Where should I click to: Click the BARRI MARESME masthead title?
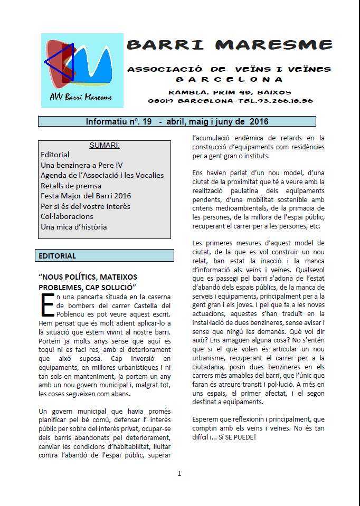click(x=230, y=44)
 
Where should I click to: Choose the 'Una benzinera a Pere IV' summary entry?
click(x=81, y=165)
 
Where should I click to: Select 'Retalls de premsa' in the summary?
click(x=71, y=186)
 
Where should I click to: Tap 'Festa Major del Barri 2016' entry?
click(x=86, y=196)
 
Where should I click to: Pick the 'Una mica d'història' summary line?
click(x=73, y=227)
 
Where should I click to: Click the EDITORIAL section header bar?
click(x=104, y=256)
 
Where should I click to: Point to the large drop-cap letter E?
click(x=45, y=303)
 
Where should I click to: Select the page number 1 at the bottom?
click(x=179, y=473)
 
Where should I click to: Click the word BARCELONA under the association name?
click(x=229, y=80)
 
